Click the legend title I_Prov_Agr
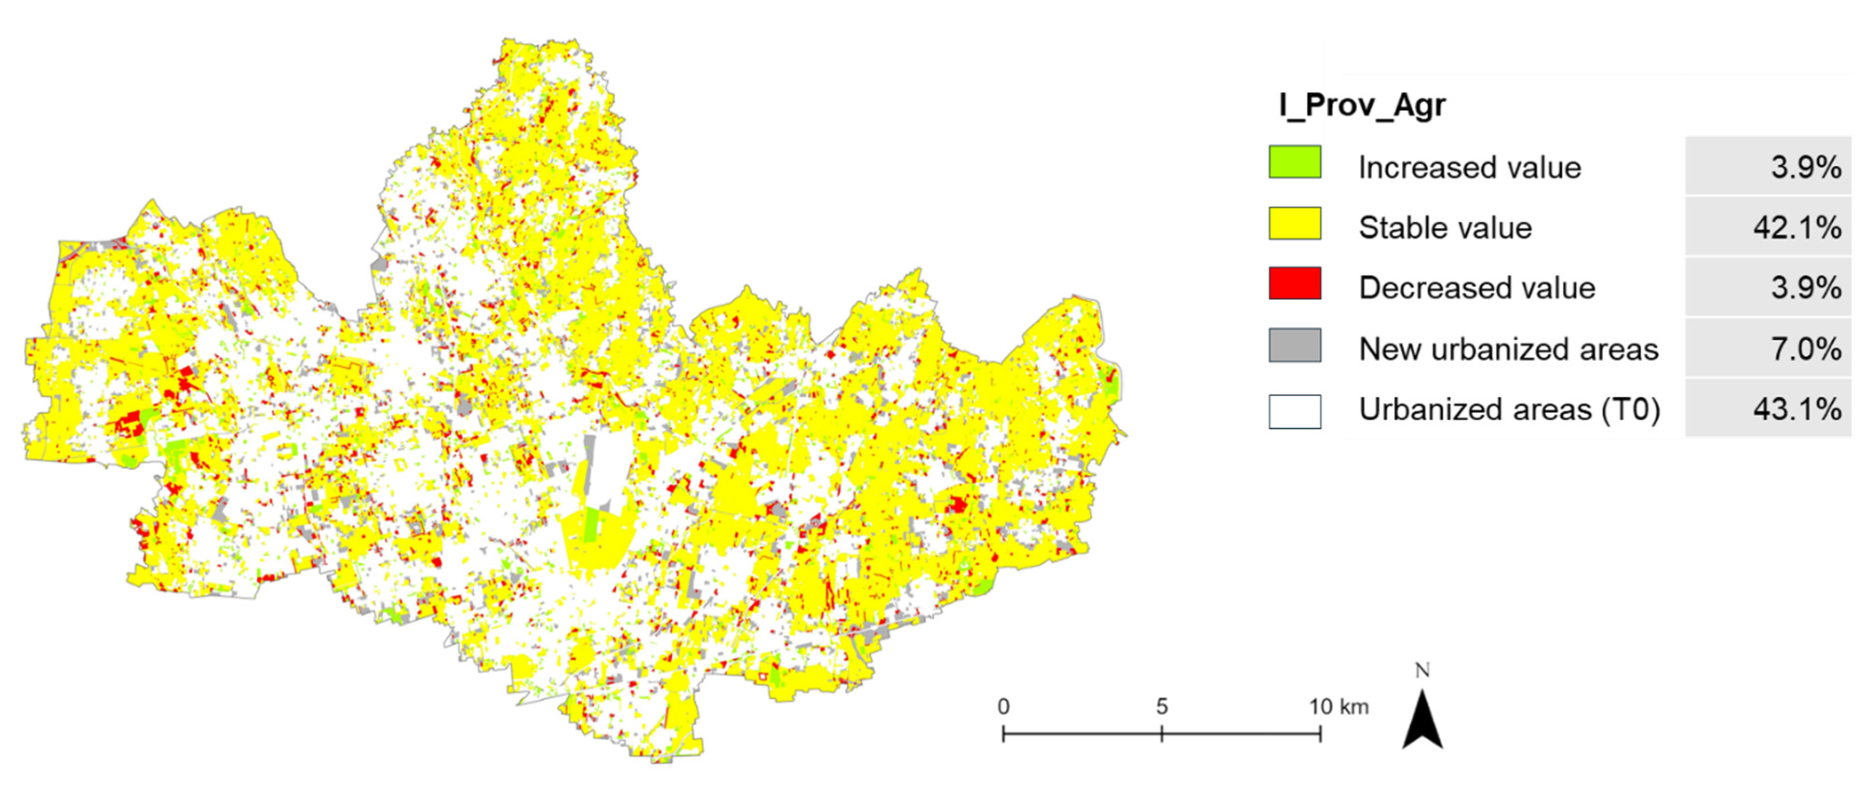point(1362,106)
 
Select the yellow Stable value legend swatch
point(1295,223)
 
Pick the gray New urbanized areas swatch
point(1295,345)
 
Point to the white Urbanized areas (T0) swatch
point(1295,412)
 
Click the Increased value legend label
point(1470,168)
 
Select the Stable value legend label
point(1445,229)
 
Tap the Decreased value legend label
point(1477,288)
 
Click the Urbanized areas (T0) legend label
point(1509,410)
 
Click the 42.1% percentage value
point(1796,229)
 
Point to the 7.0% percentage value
point(1806,350)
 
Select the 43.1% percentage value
point(1796,410)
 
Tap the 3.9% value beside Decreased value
point(1806,288)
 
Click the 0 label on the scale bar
point(1004,706)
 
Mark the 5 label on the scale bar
point(1161,706)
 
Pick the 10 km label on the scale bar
point(1338,706)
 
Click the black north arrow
point(1422,721)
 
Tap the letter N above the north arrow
point(1422,670)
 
